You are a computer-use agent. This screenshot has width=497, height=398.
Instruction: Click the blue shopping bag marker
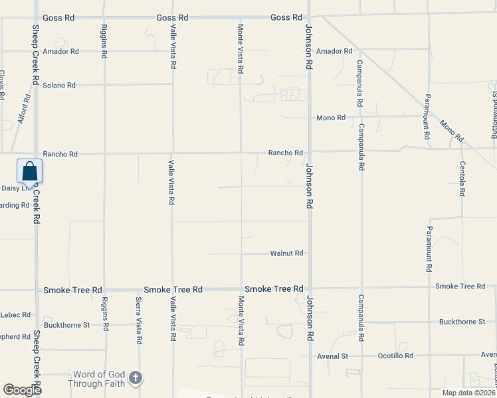(30, 171)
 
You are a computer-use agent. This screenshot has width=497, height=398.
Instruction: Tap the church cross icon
(135, 378)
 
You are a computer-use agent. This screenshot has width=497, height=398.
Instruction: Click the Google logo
(23, 390)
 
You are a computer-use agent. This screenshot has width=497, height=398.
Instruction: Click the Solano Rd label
(59, 86)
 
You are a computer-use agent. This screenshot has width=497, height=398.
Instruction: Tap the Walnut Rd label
(286, 253)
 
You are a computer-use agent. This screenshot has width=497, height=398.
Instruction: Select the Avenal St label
(335, 356)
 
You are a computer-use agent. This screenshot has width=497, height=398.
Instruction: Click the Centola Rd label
(461, 179)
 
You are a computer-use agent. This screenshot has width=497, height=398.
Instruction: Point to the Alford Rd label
(24, 109)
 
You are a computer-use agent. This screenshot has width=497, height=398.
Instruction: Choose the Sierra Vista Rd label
(139, 321)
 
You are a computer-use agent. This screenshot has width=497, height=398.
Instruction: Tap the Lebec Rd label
(16, 315)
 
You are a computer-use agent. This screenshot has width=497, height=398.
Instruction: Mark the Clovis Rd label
(3, 85)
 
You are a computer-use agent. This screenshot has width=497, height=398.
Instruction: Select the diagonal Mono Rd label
(451, 131)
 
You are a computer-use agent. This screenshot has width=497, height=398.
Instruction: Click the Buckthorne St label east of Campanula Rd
(462, 322)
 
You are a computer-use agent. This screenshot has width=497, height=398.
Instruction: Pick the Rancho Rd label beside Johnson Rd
(285, 153)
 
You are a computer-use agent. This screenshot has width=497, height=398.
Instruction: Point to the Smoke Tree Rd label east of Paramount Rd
(460, 286)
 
